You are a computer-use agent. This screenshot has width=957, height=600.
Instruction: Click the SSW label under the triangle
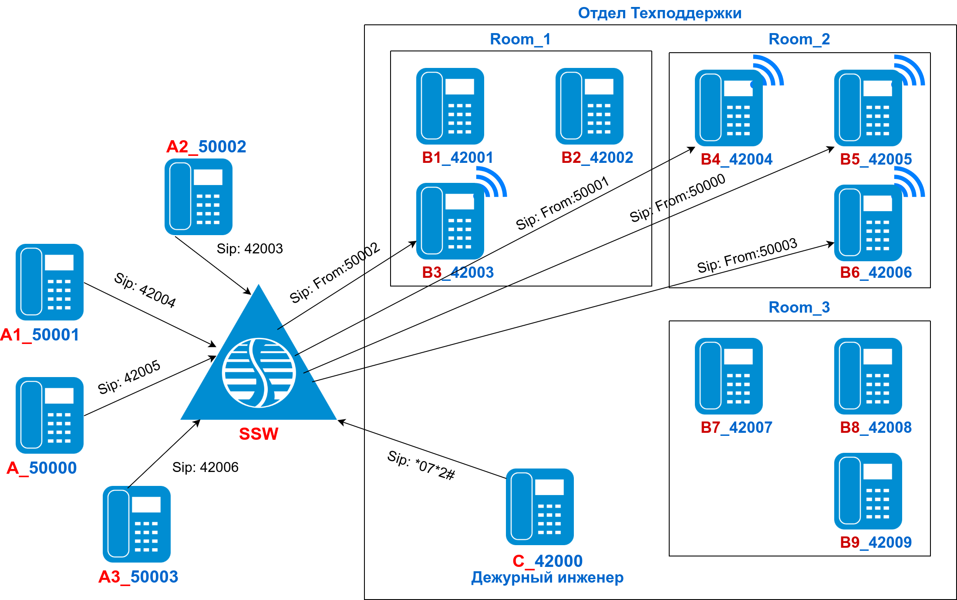tap(259, 434)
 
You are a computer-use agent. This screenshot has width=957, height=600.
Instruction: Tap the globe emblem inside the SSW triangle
tap(259, 373)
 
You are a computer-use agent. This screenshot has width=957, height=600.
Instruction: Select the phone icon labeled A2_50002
tap(198, 197)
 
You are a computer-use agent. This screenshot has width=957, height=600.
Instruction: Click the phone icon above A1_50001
tap(50, 282)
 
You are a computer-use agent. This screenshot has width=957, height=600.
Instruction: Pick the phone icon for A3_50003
tap(136, 524)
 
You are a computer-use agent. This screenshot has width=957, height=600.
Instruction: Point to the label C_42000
tap(547, 561)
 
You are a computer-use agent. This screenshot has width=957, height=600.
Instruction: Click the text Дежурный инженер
tap(547, 577)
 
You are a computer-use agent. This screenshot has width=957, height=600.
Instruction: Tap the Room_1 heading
tap(520, 39)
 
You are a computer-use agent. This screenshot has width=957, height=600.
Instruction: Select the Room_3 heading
tap(799, 307)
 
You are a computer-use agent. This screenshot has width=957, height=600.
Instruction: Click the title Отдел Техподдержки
tap(660, 13)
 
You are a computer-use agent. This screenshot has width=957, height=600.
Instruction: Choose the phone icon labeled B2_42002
tap(589, 106)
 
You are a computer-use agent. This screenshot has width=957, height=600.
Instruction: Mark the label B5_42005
tap(876, 159)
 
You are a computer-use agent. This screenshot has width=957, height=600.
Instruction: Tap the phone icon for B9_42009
tap(868, 491)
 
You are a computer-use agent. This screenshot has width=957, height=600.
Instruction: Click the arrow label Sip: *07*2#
tap(421, 465)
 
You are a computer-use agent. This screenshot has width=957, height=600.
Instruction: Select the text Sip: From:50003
tap(747, 255)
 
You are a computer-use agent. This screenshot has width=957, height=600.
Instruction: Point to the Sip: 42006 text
tap(205, 467)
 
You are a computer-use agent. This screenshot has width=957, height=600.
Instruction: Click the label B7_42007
tap(736, 428)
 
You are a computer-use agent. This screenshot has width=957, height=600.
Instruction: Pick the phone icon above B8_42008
tap(868, 376)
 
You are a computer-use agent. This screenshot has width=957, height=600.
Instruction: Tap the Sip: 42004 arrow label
tap(145, 290)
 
